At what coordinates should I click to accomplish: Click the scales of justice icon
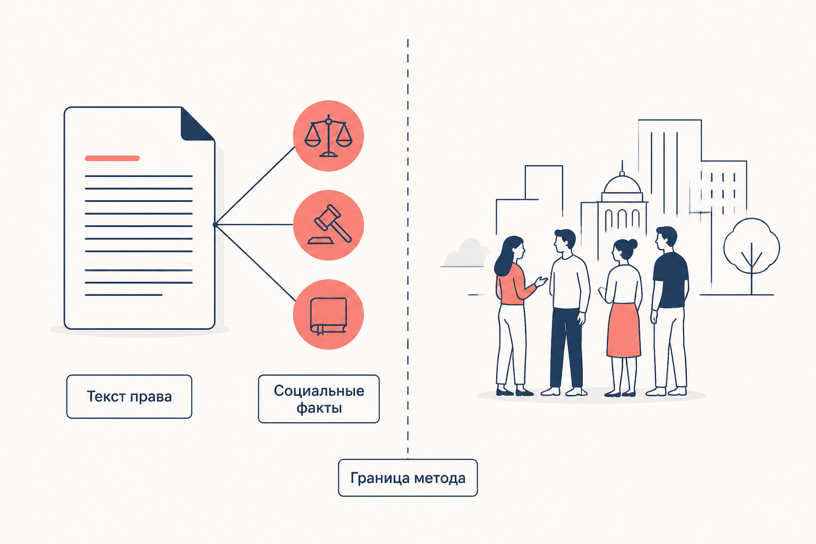329,136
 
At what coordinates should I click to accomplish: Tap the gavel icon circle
329,225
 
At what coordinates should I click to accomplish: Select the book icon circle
329,314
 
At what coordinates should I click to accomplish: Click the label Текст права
129,396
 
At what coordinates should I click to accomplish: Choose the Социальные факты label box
319,399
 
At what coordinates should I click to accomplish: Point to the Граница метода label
408,478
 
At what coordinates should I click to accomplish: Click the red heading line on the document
112,158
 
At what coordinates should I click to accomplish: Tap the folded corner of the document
197,124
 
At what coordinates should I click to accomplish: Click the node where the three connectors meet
215,224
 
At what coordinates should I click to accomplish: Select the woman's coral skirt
623,330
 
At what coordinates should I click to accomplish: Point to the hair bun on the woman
633,243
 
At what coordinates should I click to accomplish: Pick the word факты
319,408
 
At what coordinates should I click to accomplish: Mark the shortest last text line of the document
123,295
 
